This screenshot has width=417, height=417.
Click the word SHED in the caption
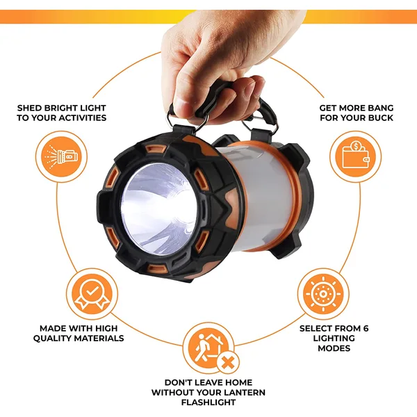pos(31,108)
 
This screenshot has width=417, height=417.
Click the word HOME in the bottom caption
pos(235,382)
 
